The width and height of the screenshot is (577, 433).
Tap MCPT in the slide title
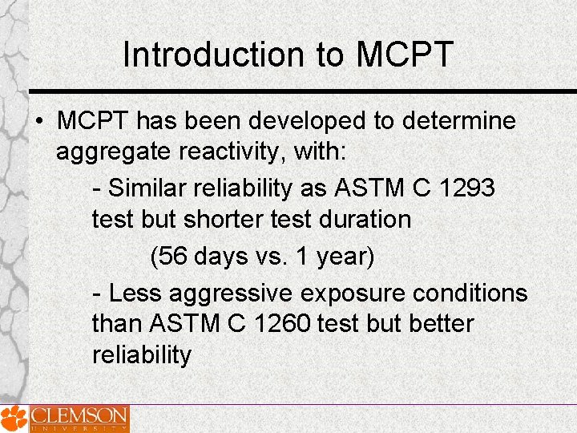point(405,55)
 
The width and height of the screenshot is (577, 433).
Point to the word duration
point(366,219)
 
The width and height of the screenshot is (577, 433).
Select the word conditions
point(470,293)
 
